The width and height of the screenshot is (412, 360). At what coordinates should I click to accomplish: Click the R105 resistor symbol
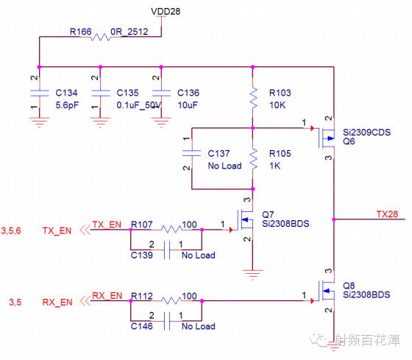pyautogui.click(x=252, y=158)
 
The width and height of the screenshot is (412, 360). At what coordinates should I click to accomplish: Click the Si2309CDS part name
pyautogui.click(x=367, y=133)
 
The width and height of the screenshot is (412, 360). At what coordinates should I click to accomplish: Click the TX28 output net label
pyautogui.click(x=386, y=213)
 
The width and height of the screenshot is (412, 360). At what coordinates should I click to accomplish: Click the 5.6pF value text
pyautogui.click(x=68, y=105)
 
